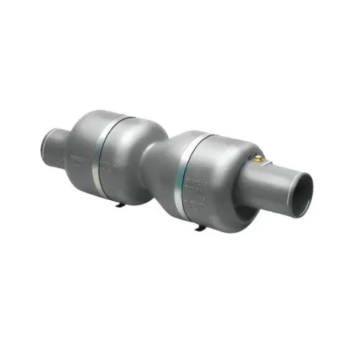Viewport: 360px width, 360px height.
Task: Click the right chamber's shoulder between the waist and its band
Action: [x=169, y=169]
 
